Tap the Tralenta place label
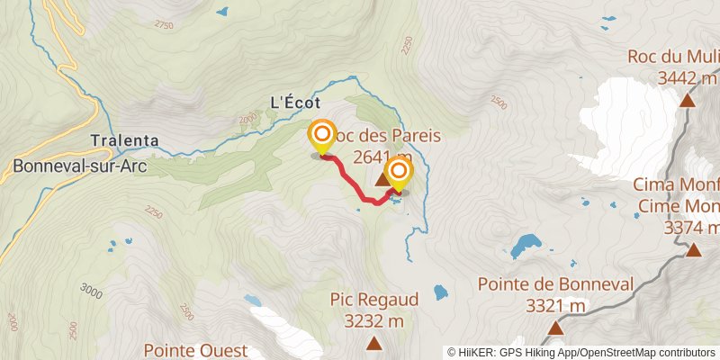click(124, 140)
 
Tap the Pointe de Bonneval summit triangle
click(556, 328)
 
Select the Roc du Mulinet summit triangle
click(688, 100)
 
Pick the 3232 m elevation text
click(372, 320)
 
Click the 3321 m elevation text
click(555, 306)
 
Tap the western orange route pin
click(321, 139)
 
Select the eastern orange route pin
click(399, 172)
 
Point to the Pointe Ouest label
click(192, 348)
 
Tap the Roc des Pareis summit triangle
click(382, 182)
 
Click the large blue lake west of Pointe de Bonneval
click(524, 245)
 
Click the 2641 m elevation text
click(382, 158)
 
